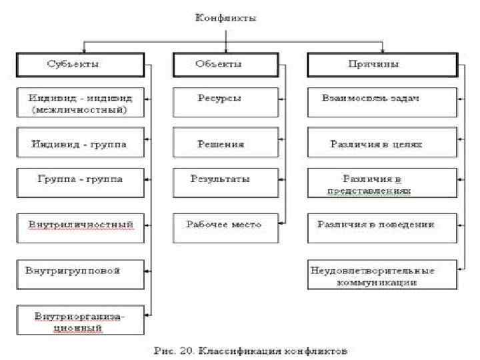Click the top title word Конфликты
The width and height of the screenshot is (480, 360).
(225, 18)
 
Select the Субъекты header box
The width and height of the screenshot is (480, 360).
(81, 65)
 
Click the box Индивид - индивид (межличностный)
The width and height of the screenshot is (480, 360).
(80, 103)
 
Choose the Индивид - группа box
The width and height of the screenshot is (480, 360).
(80, 143)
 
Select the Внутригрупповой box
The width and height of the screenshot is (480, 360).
(80, 272)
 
